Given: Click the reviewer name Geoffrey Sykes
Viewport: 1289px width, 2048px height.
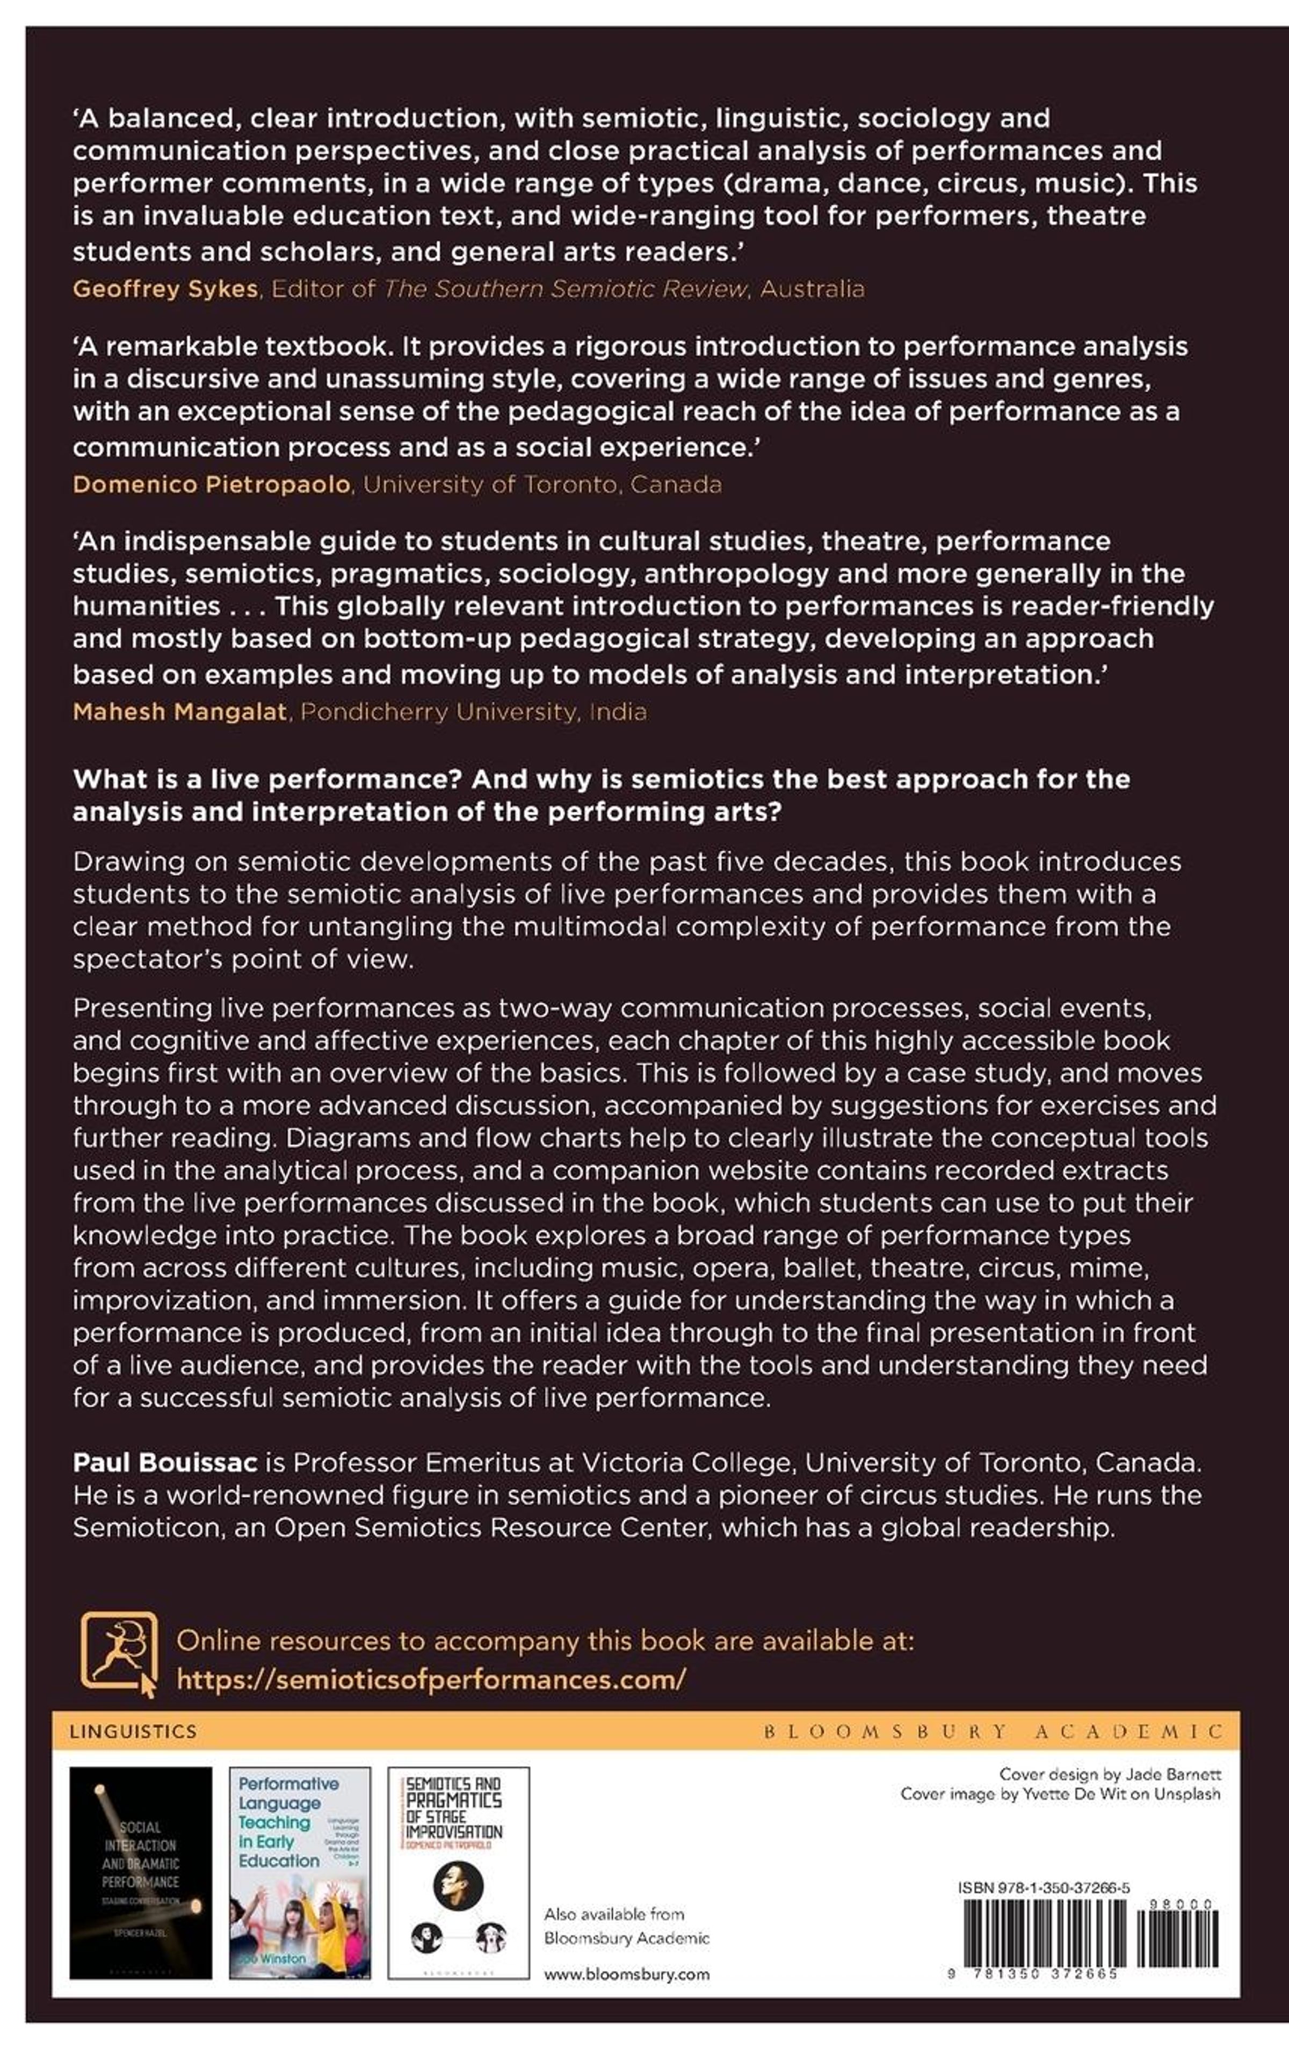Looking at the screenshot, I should [165, 289].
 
